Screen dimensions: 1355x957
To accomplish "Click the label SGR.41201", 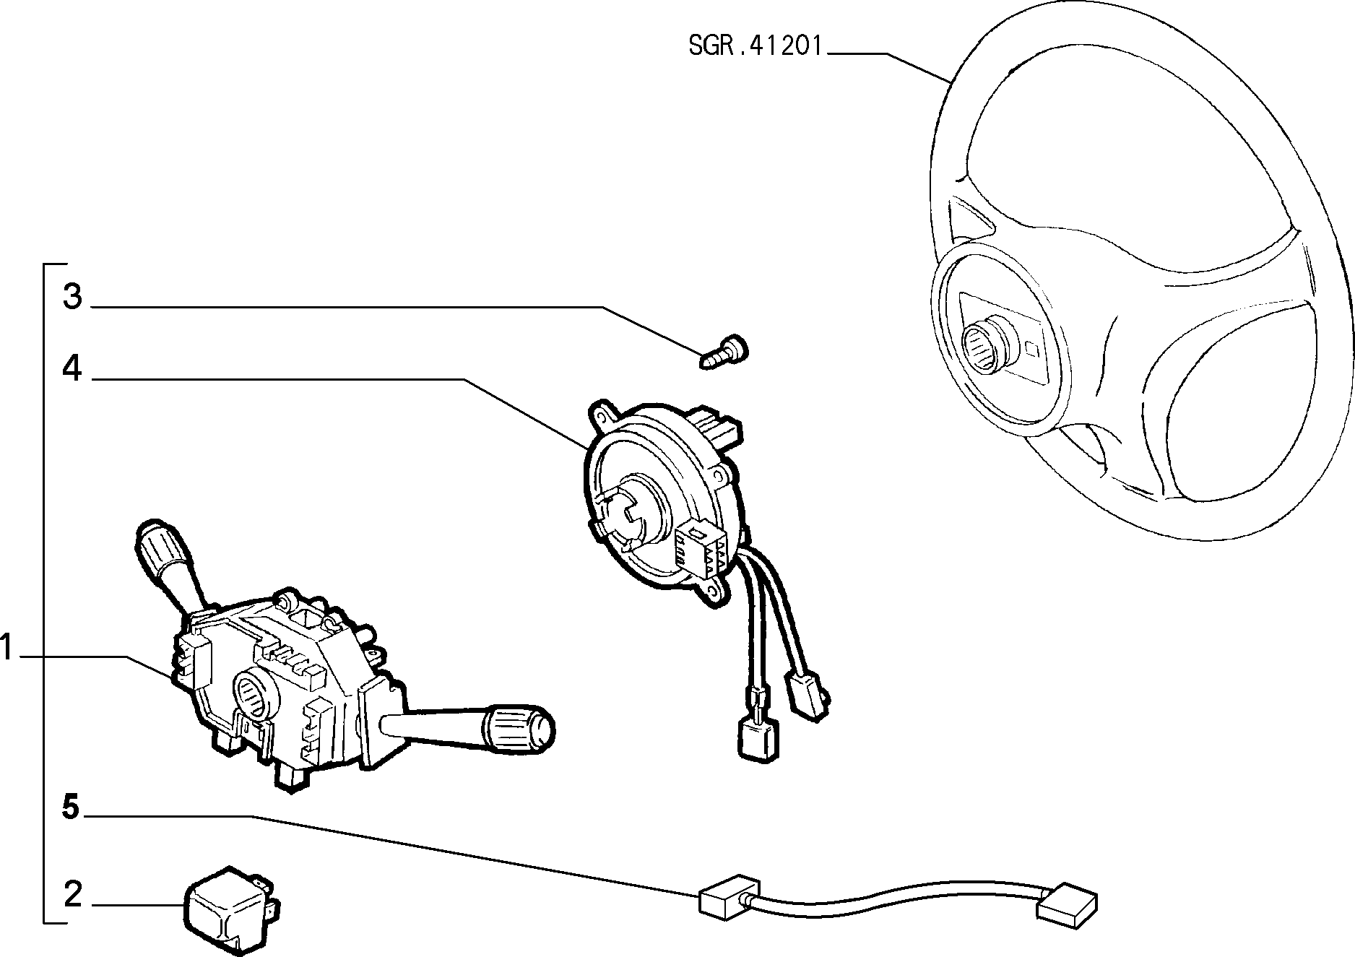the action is click(755, 47).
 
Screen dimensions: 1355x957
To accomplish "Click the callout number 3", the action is click(72, 297).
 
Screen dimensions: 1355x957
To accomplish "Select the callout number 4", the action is click(72, 369).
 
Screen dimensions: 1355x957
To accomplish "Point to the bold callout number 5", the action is click(71, 807).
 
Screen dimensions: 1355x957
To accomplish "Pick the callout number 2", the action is click(73, 894).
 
